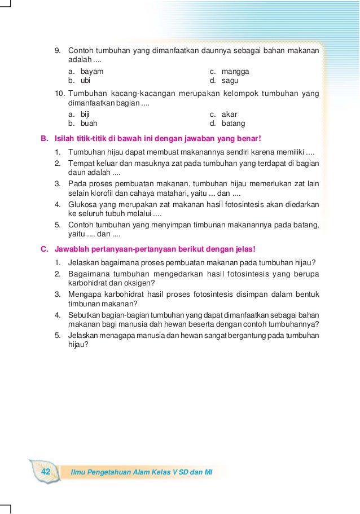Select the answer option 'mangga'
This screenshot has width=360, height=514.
point(235,72)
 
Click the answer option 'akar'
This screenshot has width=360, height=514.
point(230,114)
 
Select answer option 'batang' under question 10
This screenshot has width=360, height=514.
point(233,123)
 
